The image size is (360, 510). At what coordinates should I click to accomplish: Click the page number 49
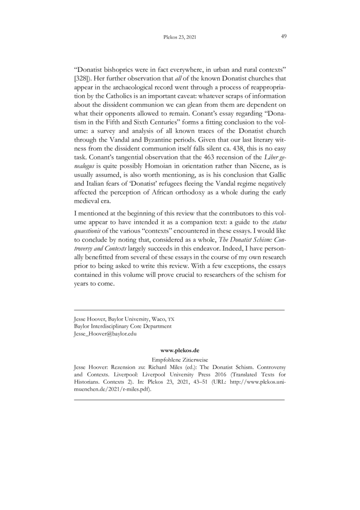(284, 37)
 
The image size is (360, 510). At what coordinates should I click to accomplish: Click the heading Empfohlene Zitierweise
(179, 360)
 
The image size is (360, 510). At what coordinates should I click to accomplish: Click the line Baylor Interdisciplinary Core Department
(122, 326)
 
